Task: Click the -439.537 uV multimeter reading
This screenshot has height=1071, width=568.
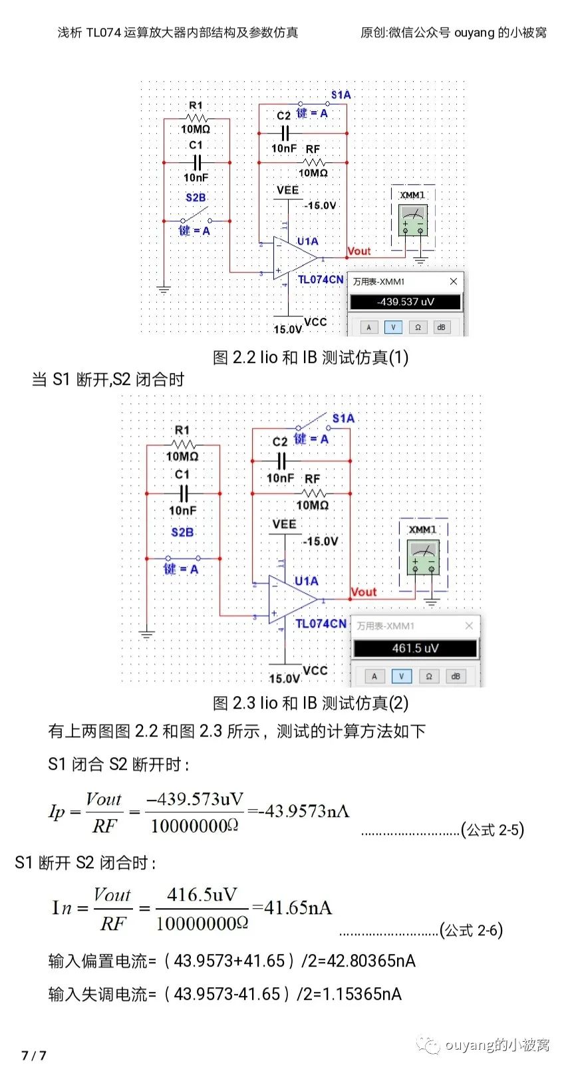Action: click(x=406, y=302)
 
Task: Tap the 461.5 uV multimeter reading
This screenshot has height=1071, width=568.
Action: click(x=415, y=648)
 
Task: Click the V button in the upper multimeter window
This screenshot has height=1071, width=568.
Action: click(x=393, y=327)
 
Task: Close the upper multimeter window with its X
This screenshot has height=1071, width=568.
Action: click(x=454, y=281)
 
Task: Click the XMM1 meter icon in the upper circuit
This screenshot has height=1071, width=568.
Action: click(x=413, y=220)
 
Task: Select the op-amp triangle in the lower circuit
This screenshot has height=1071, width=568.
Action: click(x=291, y=599)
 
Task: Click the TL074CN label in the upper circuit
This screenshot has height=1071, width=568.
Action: click(x=321, y=280)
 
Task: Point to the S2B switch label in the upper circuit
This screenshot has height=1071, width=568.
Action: click(x=196, y=197)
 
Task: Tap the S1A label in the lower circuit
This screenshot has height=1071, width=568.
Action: click(x=343, y=418)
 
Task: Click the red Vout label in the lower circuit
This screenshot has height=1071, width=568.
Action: click(x=364, y=592)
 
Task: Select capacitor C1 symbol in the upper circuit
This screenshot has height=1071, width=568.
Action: click(x=196, y=162)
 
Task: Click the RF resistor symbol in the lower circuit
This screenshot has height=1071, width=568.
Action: click(x=314, y=493)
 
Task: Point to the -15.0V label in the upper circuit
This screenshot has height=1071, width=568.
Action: click(x=321, y=205)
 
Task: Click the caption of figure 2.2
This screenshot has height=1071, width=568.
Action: click(x=311, y=358)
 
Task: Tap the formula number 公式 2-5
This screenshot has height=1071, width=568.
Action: click(x=493, y=830)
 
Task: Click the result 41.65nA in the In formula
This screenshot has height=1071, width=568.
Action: click(x=297, y=908)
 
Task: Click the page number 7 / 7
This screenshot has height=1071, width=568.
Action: click(x=34, y=1055)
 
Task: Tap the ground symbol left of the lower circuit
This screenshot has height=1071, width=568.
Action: click(x=147, y=634)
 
